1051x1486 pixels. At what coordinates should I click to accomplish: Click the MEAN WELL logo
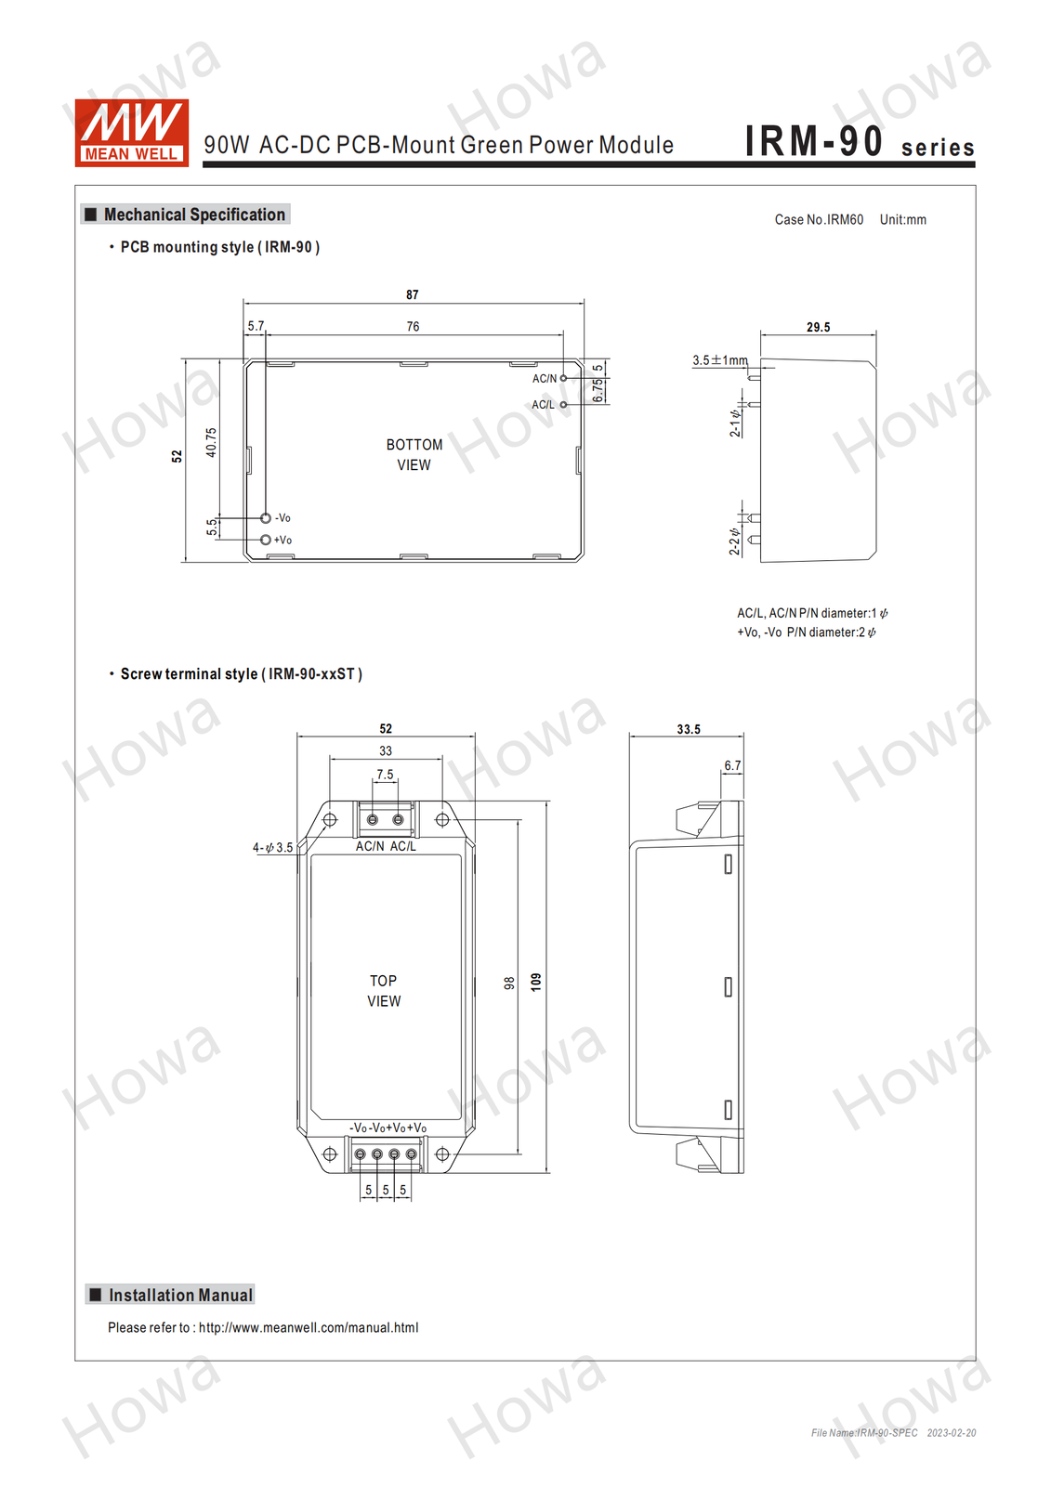(x=131, y=133)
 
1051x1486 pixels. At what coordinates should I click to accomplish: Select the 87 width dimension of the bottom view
(x=413, y=294)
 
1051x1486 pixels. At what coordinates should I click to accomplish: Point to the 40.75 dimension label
(x=211, y=442)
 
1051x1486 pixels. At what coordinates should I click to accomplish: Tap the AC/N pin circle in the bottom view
(x=564, y=378)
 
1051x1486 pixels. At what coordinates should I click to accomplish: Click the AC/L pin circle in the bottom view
(x=564, y=405)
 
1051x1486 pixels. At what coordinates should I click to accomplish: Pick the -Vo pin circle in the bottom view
(x=266, y=517)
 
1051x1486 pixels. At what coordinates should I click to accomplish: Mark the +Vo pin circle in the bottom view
(x=266, y=540)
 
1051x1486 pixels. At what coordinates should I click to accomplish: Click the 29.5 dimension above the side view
(x=818, y=327)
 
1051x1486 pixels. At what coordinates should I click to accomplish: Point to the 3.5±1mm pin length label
(x=719, y=360)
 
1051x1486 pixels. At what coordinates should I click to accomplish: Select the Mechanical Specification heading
(x=194, y=215)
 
